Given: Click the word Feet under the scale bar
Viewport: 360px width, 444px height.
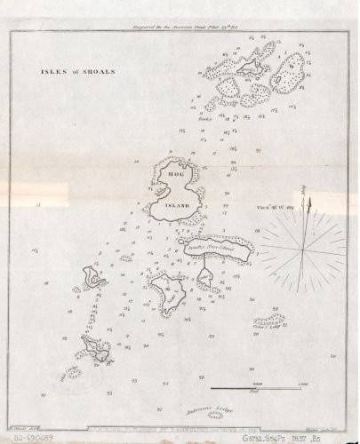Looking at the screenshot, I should click(253, 393).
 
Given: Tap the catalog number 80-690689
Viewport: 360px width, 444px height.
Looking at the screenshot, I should click(34, 436).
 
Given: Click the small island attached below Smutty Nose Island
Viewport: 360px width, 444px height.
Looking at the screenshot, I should click(205, 277).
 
